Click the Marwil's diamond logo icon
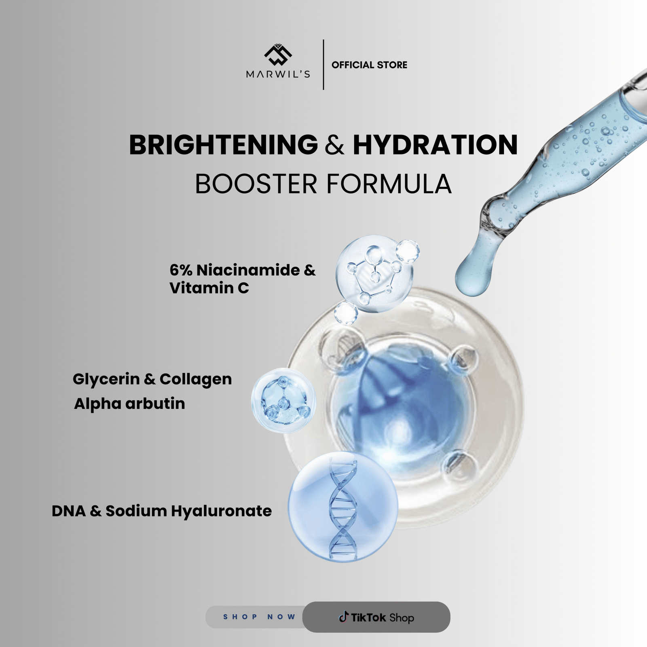[x=278, y=55]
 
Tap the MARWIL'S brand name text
[x=278, y=74]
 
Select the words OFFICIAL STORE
[x=370, y=65]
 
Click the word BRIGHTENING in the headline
[x=224, y=145]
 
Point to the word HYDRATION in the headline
[x=435, y=145]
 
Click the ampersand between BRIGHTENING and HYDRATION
[x=335, y=145]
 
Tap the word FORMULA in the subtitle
[x=389, y=184]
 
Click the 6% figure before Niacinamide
[x=181, y=270]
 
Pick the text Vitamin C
[x=209, y=288]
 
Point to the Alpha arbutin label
[x=129, y=404]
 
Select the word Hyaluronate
[x=221, y=512]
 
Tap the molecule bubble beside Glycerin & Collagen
[x=283, y=400]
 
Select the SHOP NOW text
[x=259, y=617]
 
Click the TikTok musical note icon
[x=344, y=617]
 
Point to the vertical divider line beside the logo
[x=323, y=65]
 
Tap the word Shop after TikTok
[x=402, y=618]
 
